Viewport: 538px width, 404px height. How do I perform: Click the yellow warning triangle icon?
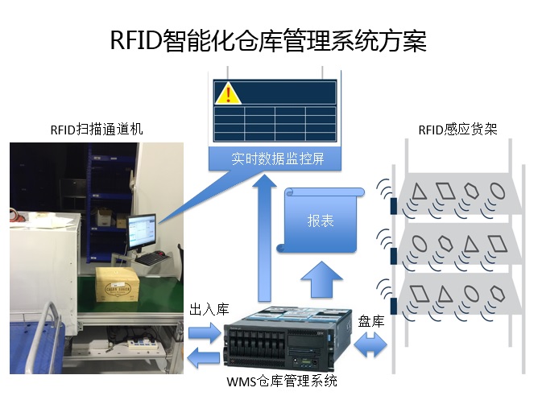[x=228, y=93]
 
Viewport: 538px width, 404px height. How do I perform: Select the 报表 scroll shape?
[x=321, y=221]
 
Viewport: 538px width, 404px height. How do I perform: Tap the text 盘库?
[x=371, y=319]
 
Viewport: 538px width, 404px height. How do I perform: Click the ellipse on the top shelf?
[x=498, y=192]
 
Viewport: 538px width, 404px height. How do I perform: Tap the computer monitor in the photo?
[x=141, y=231]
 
